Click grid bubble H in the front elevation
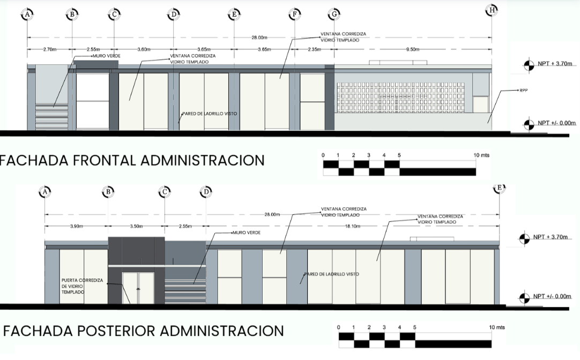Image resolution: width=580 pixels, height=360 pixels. coord(492,11)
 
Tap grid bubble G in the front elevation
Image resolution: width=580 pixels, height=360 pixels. coord(334,14)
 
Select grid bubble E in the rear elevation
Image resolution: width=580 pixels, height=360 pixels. coord(500,187)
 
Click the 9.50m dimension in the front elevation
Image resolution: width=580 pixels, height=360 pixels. coord(413,49)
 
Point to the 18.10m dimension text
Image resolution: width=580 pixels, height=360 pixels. coord(353,226)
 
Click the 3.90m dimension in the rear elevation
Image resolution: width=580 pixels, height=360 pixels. coord(77,226)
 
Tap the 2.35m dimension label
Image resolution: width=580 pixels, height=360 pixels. coord(315,49)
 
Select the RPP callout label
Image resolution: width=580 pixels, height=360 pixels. coord(523,90)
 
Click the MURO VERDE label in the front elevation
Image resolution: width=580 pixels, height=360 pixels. coord(107,56)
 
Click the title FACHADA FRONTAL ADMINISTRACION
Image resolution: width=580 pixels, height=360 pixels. coord(132,160)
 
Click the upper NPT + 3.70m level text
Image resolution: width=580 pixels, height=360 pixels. coord(555,64)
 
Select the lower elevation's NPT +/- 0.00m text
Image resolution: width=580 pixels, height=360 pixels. coord(552,296)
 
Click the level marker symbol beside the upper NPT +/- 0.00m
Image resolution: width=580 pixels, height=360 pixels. coord(529,125)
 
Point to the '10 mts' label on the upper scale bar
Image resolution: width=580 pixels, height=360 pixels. coord(481,155)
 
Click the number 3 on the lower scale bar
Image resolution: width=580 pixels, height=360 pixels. coord(384,327)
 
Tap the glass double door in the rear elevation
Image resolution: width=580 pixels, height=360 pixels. coord(138,288)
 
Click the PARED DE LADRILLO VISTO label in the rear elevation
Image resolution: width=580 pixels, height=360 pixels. coord(331,274)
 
